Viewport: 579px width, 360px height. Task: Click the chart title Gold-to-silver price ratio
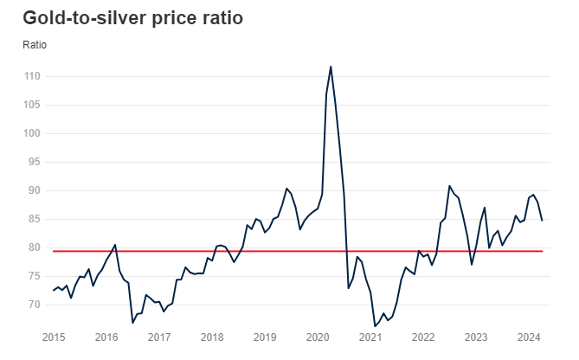coord(132,17)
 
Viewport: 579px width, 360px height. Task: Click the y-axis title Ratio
coord(35,44)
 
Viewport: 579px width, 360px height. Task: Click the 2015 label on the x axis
coord(54,337)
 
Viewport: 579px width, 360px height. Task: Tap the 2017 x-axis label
coord(159,337)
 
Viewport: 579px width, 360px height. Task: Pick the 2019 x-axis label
coord(265,337)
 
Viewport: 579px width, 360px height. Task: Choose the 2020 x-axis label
coord(318,337)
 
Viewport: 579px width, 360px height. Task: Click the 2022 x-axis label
coord(423,337)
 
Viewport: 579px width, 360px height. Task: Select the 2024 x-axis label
coord(529,337)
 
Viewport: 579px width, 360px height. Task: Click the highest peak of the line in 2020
coord(331,66)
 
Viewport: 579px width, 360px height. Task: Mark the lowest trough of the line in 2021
coord(375,326)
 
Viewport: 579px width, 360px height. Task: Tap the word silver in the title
coord(112,17)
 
